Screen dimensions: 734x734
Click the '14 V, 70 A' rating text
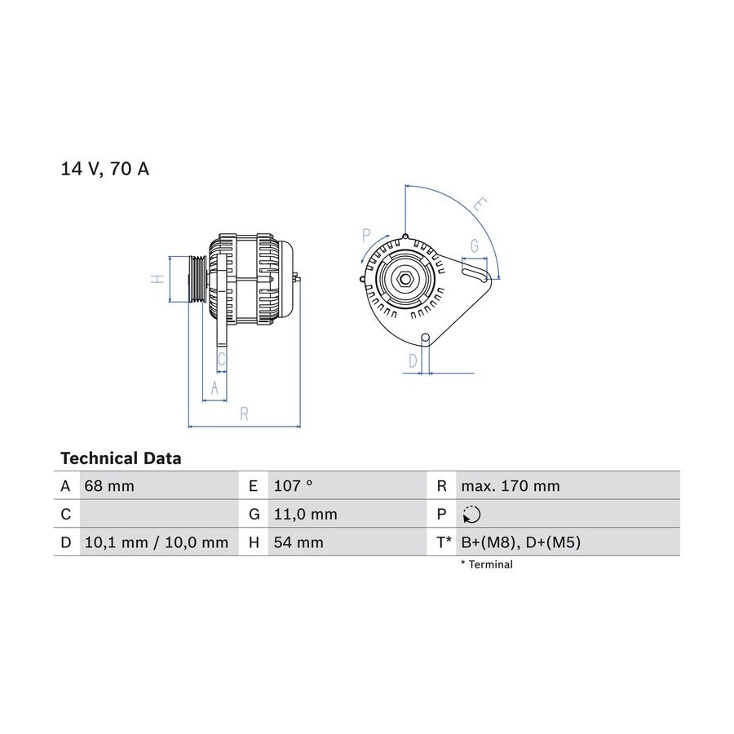click(x=105, y=169)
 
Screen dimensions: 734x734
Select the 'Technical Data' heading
click(x=121, y=458)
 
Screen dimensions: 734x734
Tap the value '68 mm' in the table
click(x=109, y=486)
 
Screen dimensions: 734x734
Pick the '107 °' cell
click(x=293, y=486)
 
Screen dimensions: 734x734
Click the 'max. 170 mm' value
click(x=511, y=486)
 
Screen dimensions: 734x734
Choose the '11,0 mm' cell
click(x=305, y=515)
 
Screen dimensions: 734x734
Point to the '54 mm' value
click(x=298, y=542)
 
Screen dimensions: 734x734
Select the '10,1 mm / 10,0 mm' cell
click(x=157, y=542)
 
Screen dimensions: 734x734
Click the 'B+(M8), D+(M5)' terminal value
click(x=520, y=542)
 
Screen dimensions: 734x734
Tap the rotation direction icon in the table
click(x=471, y=515)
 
